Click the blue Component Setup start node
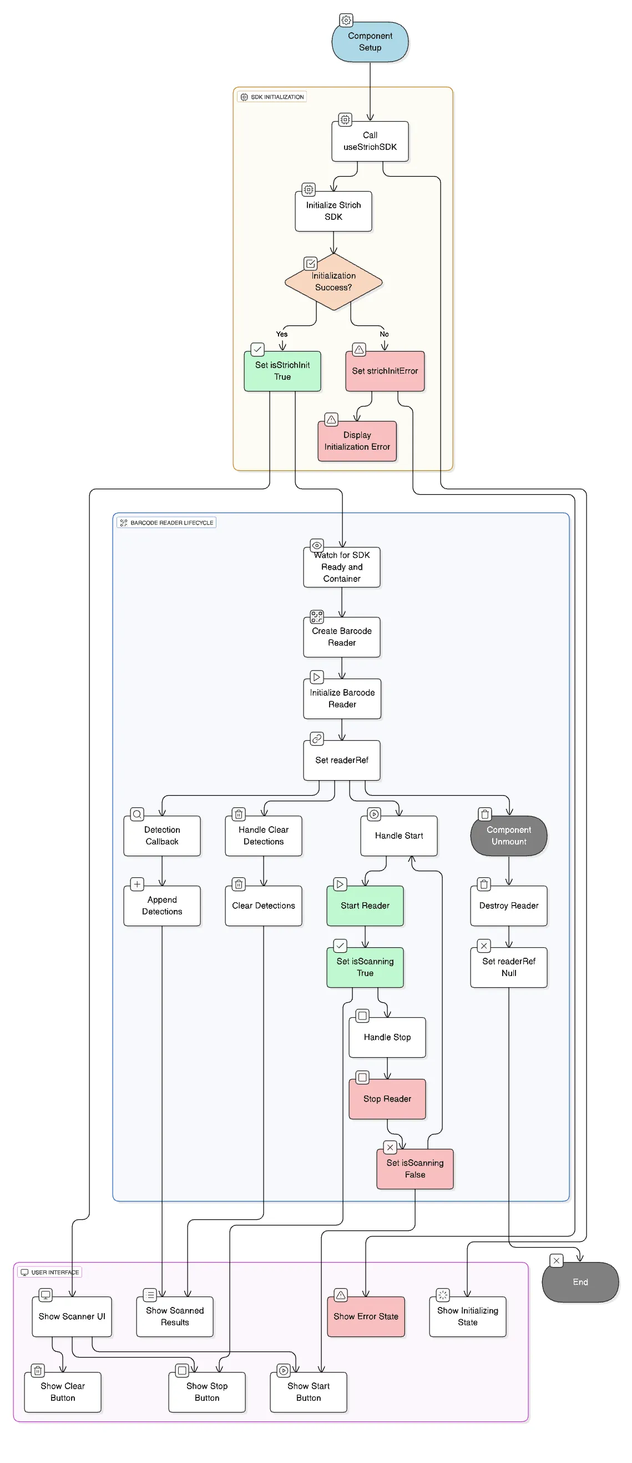coord(370,42)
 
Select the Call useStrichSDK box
coord(370,142)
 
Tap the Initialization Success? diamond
coord(333,281)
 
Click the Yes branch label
coord(282,334)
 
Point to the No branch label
coord(384,334)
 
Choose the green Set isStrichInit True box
coord(282,371)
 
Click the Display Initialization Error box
coord(357,441)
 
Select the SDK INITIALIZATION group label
coord(272,97)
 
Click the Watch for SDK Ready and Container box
coord(341,567)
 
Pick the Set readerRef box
coord(341,760)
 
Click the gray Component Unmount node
coord(508,836)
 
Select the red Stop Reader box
coord(387,1098)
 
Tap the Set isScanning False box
coord(414,1168)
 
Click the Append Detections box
coord(162,906)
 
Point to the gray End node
coord(580,1282)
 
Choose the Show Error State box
coord(366,1316)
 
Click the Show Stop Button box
coord(207,1391)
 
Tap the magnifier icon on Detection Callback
coord(137,814)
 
